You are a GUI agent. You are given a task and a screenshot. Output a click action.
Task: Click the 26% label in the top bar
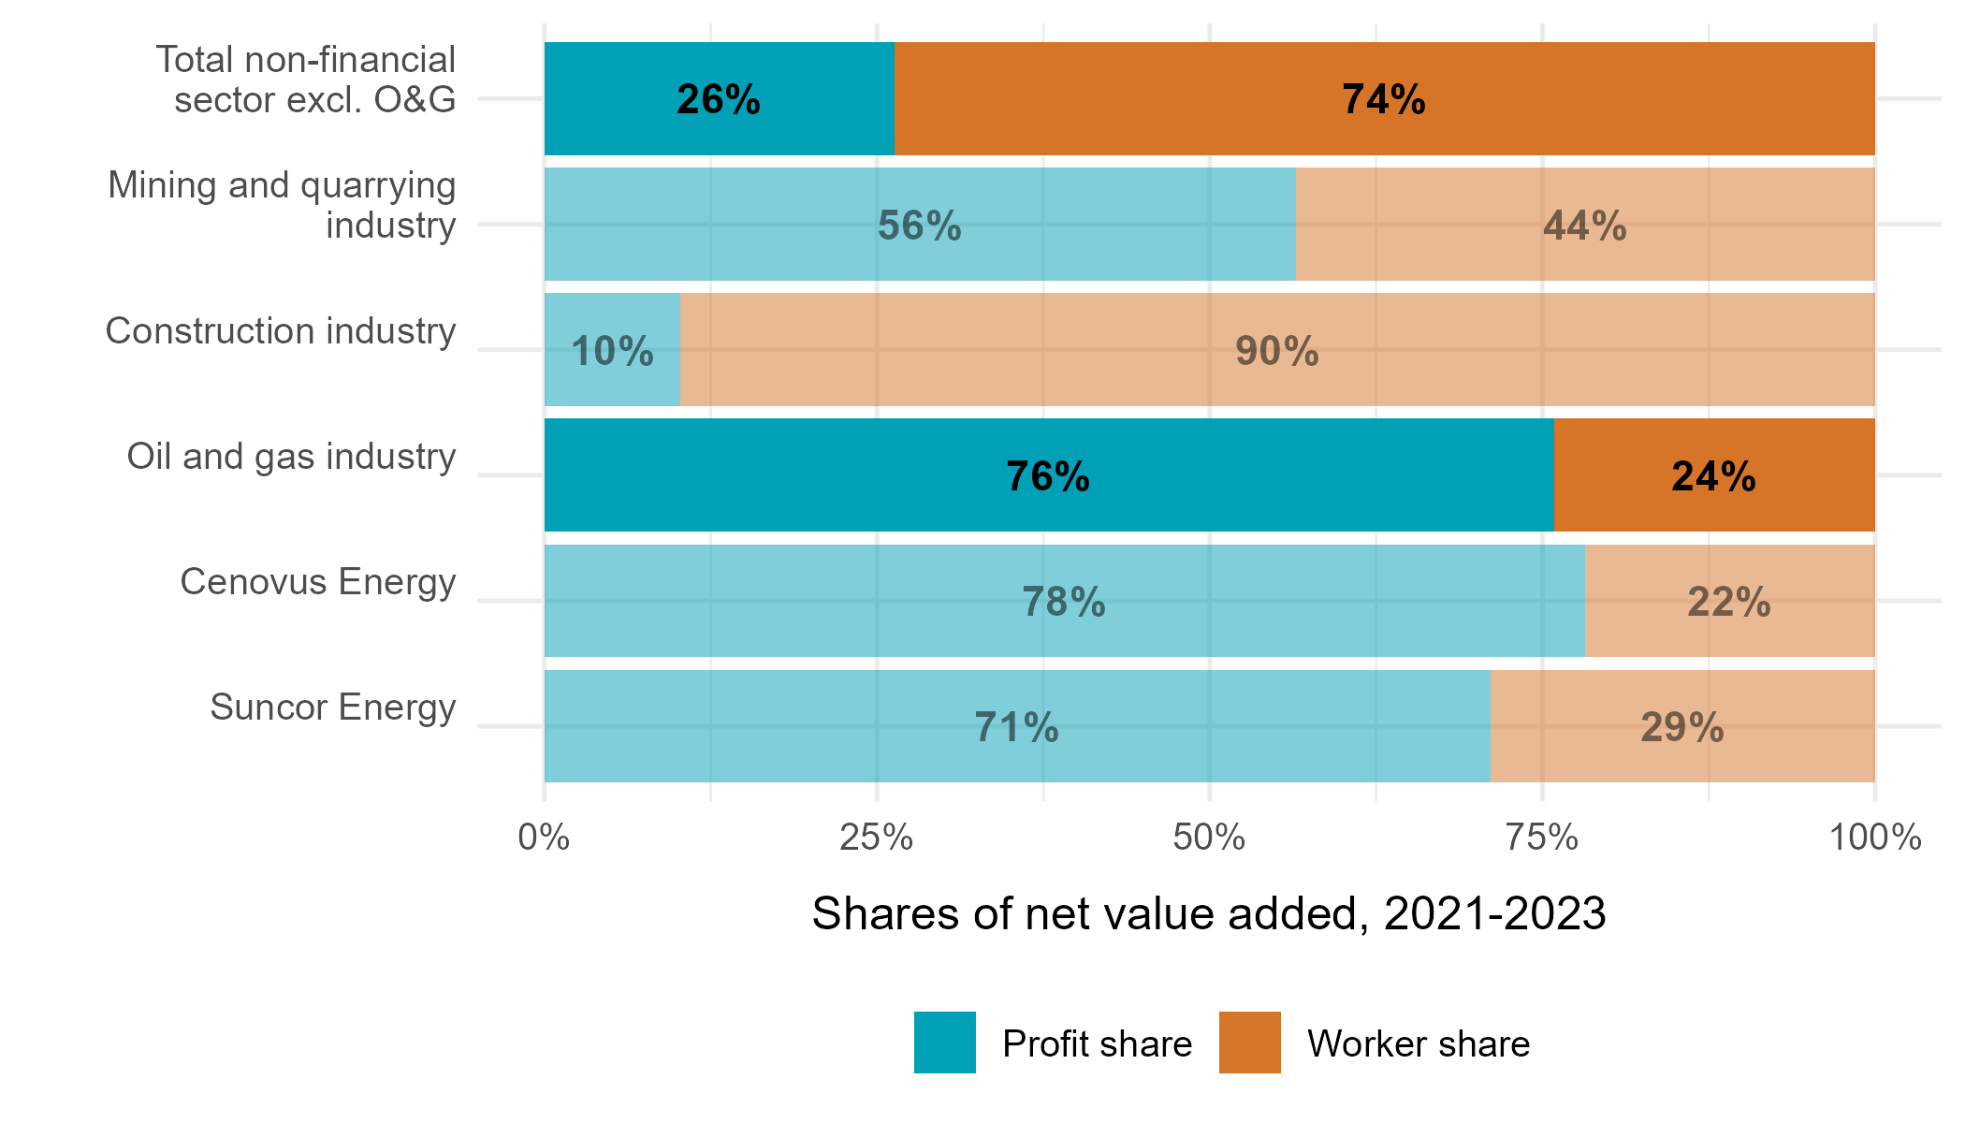tap(718, 99)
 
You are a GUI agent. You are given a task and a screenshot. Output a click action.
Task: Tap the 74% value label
tap(1383, 99)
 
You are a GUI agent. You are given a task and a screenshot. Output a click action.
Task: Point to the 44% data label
tap(1584, 226)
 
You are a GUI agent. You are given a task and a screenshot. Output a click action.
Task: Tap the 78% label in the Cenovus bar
tap(1063, 603)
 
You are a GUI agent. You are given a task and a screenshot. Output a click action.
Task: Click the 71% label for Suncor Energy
tap(1016, 728)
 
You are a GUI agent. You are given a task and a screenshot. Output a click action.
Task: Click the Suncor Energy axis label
tap(332, 707)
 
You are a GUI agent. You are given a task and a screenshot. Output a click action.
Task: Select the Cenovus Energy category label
tap(317, 582)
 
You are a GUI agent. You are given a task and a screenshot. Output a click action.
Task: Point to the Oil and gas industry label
tap(291, 457)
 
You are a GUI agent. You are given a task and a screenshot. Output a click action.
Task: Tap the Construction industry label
tap(280, 331)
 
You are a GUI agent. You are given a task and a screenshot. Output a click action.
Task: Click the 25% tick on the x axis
tap(876, 837)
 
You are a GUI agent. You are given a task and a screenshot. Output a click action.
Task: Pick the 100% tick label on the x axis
tap(1874, 837)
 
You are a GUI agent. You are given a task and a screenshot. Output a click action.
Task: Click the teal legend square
tap(944, 1042)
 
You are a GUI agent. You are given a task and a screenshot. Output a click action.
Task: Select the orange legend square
tap(1249, 1042)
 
